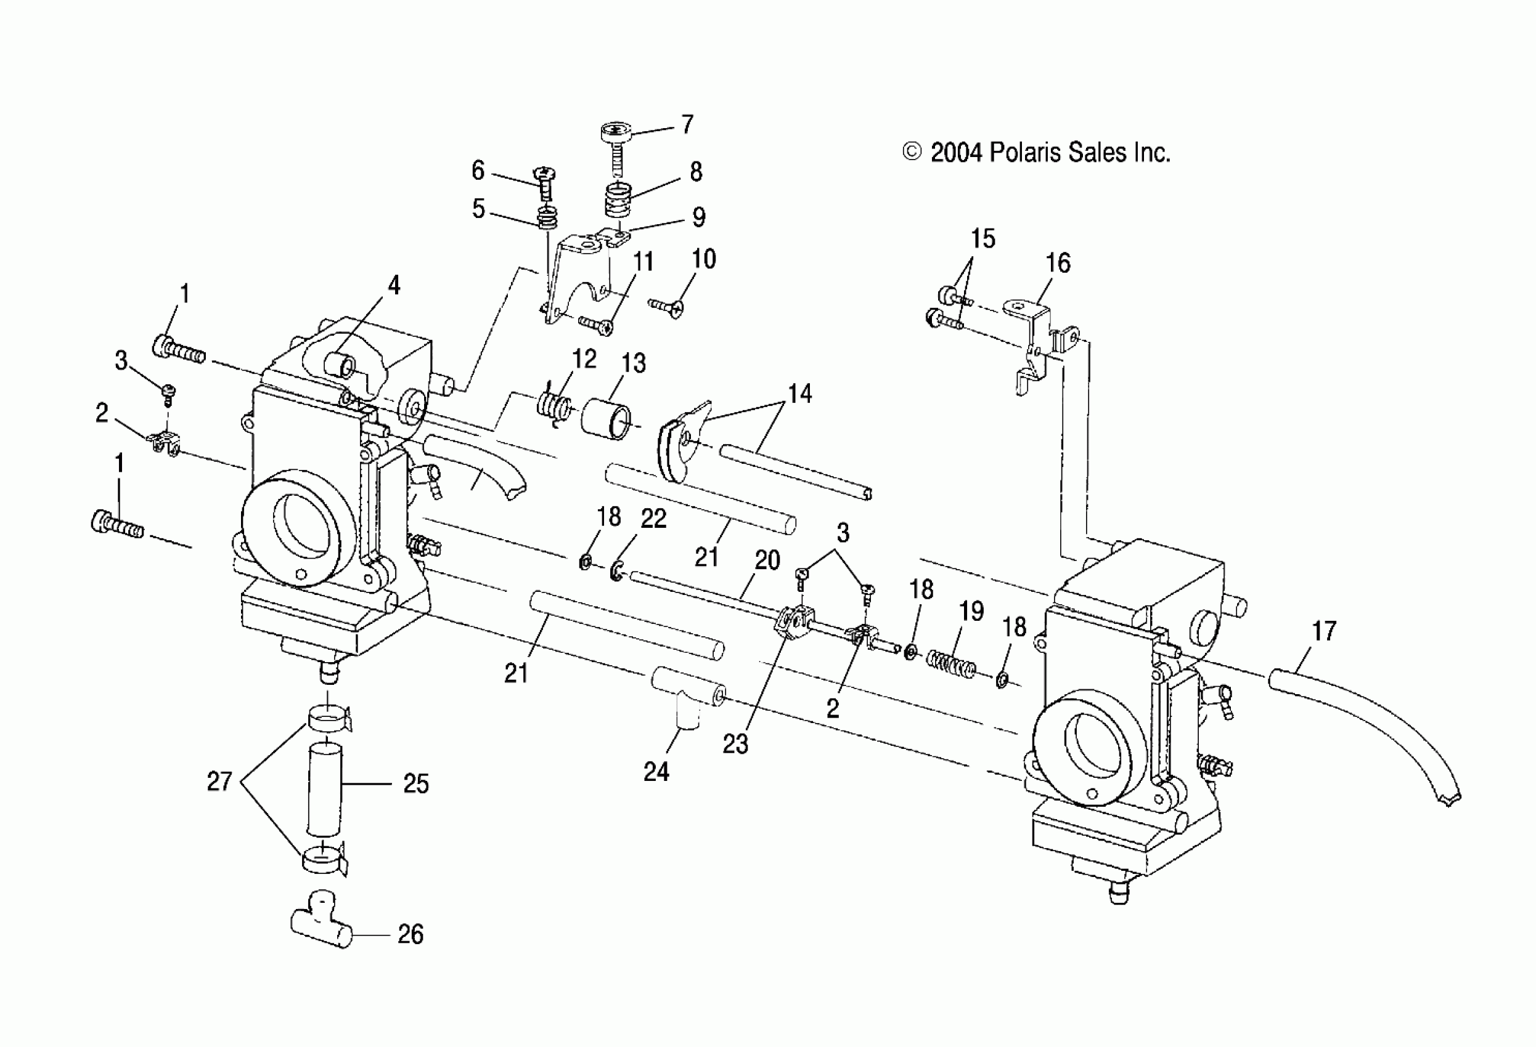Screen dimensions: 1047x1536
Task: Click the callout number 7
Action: pos(687,124)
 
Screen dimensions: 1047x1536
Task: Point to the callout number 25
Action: pos(415,783)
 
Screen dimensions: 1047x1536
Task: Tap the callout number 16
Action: pos(1058,263)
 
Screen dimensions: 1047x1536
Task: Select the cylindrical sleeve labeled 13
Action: pos(606,418)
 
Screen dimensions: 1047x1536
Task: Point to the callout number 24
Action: pos(656,771)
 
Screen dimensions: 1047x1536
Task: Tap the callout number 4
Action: pos(393,285)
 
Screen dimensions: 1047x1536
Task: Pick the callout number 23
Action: pos(735,744)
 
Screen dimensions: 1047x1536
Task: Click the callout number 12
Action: pos(584,358)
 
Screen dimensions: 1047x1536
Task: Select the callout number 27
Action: pos(219,782)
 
